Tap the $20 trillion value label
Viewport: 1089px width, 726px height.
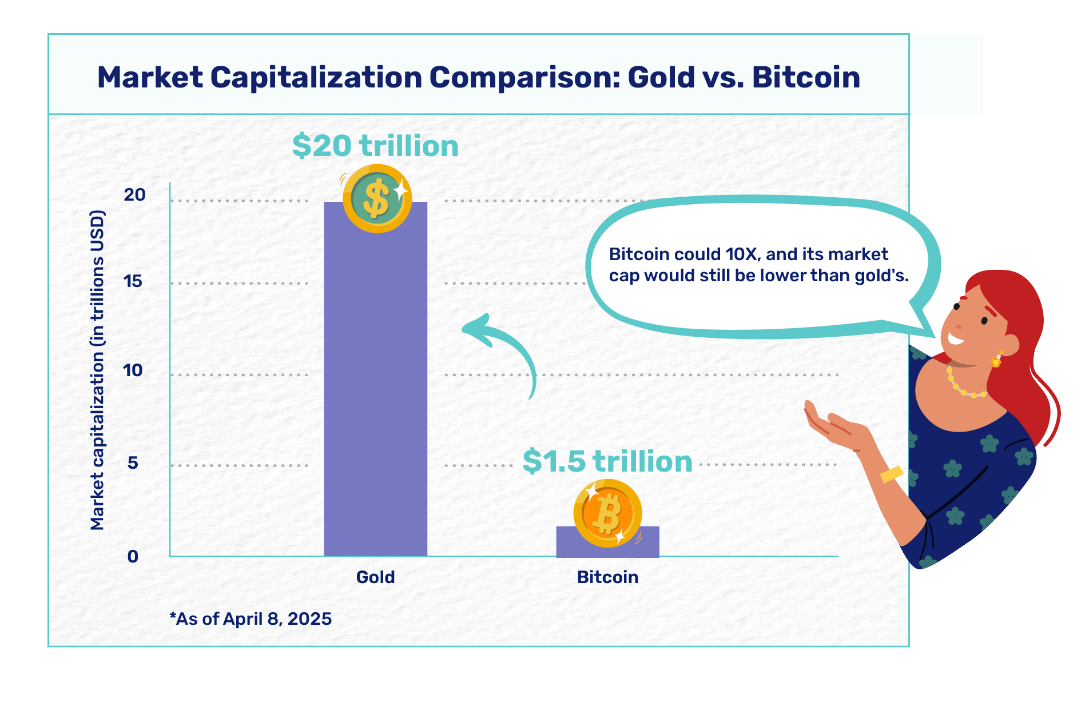(x=375, y=146)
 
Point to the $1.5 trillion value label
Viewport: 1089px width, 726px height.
(x=607, y=461)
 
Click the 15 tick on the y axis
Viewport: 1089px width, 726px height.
(x=133, y=281)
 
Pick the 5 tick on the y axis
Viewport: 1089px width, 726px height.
(x=133, y=462)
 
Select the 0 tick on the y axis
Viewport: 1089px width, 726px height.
(x=133, y=556)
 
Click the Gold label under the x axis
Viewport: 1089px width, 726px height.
(x=375, y=577)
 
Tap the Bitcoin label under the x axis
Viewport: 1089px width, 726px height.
(x=607, y=577)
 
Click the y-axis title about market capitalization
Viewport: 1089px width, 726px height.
(x=97, y=370)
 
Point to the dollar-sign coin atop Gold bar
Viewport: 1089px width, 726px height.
(x=377, y=198)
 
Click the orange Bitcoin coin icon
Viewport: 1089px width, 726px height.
(x=607, y=513)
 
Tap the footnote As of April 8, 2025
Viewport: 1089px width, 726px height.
(x=251, y=619)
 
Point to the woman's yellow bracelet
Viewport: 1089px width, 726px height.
(x=891, y=474)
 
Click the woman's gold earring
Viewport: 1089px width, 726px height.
(x=996, y=360)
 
